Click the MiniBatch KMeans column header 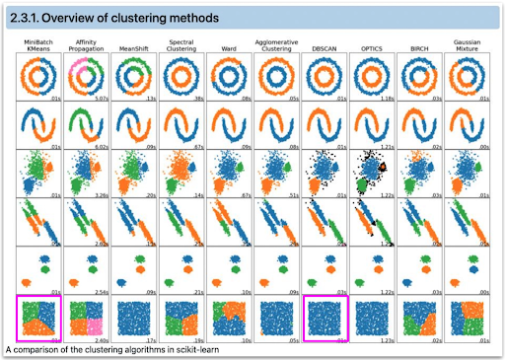coord(39,45)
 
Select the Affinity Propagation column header coord(87,45)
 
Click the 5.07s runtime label coord(101,98)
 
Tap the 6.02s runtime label coord(101,146)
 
